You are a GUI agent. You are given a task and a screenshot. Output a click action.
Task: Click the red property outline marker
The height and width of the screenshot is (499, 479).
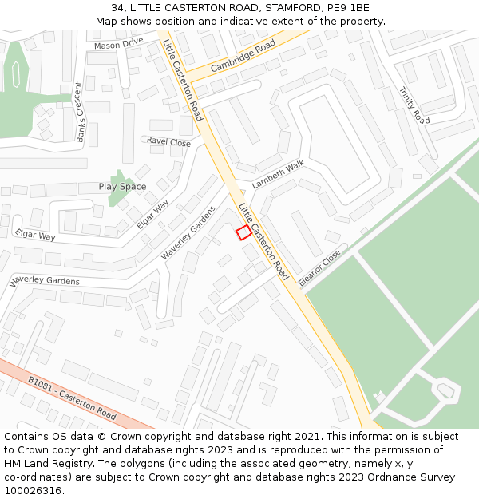click(244, 232)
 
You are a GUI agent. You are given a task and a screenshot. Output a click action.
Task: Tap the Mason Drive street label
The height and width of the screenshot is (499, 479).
click(118, 44)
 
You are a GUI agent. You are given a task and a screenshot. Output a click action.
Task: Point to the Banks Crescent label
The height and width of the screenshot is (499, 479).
click(80, 112)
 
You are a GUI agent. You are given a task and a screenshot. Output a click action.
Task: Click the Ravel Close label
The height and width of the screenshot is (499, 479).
click(168, 142)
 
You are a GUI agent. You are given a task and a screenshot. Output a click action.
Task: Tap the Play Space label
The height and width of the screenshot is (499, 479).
click(122, 187)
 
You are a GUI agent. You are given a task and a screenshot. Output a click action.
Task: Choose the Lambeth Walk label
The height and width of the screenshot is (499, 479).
click(279, 175)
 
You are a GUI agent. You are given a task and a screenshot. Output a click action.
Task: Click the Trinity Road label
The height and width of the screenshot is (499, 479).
click(414, 105)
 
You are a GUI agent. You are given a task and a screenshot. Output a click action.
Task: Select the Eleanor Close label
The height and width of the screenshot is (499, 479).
click(319, 269)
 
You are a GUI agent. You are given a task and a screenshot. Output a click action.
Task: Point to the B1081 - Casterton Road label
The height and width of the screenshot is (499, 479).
click(72, 397)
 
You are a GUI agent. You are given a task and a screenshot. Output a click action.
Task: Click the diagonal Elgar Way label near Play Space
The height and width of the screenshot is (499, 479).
click(152, 214)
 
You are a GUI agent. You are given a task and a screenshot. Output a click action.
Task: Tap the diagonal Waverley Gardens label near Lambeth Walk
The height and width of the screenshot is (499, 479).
click(189, 232)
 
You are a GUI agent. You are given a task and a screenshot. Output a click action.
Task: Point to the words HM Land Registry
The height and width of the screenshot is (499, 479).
click(40, 464)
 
